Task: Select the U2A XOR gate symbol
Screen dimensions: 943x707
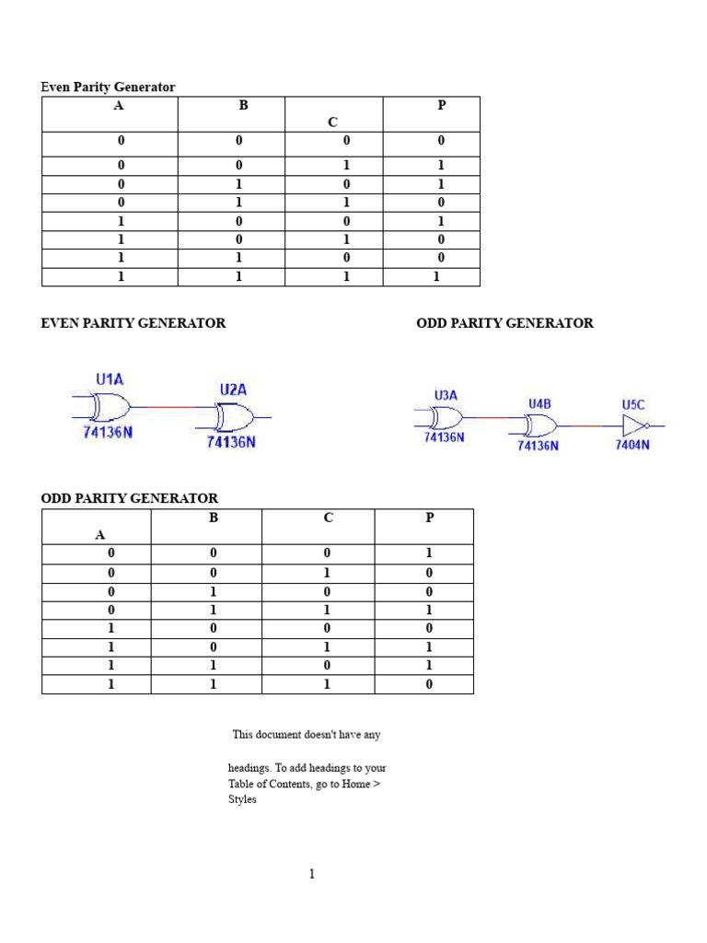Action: [x=234, y=418]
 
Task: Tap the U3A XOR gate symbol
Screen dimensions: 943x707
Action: [x=445, y=418]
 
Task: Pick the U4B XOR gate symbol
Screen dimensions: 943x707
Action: [x=539, y=425]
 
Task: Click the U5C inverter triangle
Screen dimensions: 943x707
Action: [x=635, y=425]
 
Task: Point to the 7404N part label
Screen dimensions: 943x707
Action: [x=632, y=445]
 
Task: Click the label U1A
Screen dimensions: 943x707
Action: [x=110, y=378]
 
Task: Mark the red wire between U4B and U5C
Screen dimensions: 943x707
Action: [x=589, y=426]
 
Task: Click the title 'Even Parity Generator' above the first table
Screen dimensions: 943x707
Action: [x=108, y=87]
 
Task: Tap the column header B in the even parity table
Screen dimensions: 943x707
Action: [x=244, y=105]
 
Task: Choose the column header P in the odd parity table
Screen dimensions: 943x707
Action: [x=429, y=518]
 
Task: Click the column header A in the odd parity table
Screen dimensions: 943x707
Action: [x=100, y=534]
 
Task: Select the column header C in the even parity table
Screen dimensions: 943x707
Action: [x=333, y=122]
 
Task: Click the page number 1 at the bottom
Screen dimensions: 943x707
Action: [x=312, y=874]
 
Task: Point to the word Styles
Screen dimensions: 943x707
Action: [x=242, y=799]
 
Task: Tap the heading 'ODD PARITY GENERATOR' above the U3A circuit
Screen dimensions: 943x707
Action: [x=504, y=323]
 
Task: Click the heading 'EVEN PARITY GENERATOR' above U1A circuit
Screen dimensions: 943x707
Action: [x=133, y=323]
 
